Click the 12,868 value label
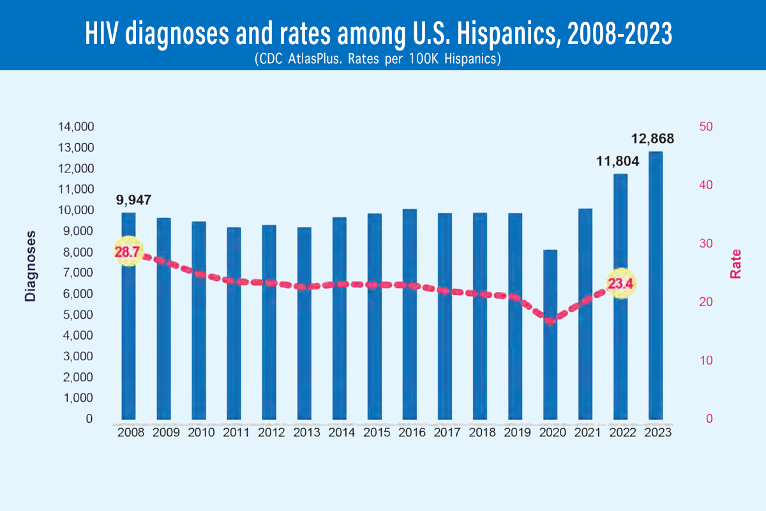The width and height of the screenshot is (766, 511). point(652,139)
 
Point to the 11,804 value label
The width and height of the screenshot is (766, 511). point(617,162)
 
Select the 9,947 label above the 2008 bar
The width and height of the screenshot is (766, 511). point(133,200)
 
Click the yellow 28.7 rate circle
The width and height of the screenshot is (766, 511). point(127,252)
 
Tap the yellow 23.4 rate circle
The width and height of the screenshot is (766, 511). point(620,284)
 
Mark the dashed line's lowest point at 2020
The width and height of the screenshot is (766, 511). point(550,321)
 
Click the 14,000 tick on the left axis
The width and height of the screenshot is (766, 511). point(75,127)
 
